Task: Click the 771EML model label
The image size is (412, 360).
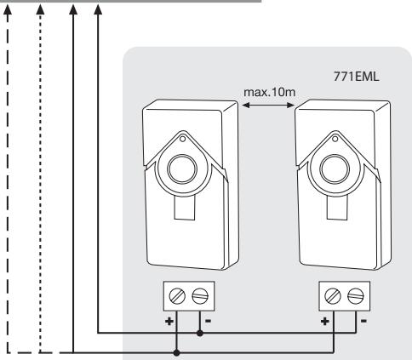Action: point(356,77)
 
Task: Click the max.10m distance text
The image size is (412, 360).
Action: point(270,92)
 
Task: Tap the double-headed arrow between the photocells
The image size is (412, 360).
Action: point(268,106)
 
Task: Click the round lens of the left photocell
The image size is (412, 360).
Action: point(182,169)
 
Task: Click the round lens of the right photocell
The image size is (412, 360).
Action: point(335,169)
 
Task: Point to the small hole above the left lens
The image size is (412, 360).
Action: point(182,139)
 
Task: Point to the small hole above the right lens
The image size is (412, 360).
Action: point(335,139)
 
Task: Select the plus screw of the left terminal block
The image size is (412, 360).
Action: point(177,296)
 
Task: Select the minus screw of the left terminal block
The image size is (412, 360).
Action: point(200,296)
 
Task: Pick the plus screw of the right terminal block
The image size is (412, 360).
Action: point(333,296)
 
